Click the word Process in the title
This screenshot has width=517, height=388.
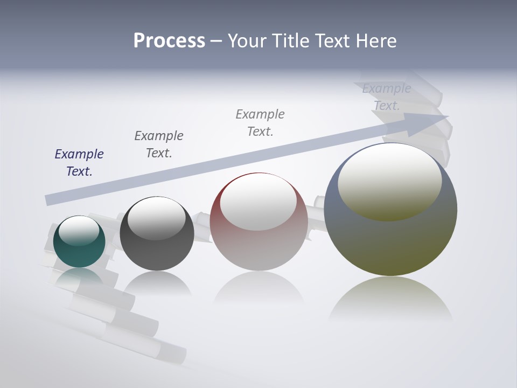169,41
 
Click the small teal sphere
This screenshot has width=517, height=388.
79,253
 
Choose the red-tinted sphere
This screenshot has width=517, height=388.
258,248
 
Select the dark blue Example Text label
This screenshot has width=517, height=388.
79,162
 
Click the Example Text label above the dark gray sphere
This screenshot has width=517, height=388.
159,144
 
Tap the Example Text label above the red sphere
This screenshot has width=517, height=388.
260,122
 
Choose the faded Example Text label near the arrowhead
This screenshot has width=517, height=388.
387,97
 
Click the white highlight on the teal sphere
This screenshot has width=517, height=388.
79,230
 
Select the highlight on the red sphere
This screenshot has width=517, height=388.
258,202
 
